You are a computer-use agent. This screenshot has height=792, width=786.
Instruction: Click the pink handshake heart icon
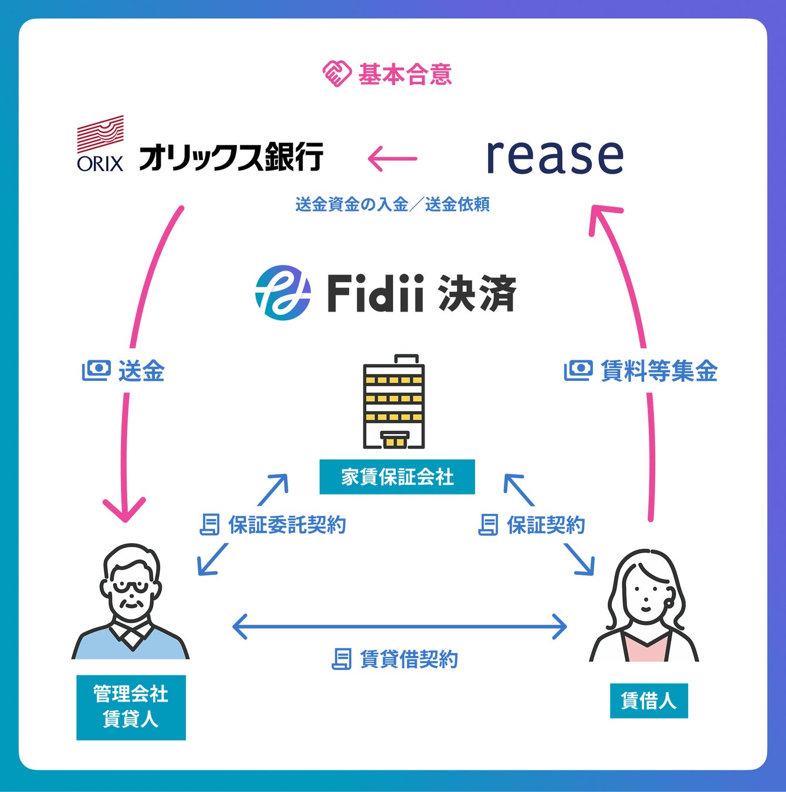(337, 74)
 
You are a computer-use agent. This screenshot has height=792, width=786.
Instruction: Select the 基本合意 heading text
(405, 75)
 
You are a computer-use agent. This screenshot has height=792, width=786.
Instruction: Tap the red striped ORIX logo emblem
(101, 134)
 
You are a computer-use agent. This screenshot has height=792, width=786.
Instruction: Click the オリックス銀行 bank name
(231, 157)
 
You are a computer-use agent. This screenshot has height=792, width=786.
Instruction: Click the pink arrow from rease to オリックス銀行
(392, 158)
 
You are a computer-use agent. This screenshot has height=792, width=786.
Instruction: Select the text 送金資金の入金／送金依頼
(392, 204)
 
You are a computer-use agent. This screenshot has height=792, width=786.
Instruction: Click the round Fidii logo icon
(283, 293)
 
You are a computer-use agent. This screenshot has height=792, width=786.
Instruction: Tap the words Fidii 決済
(421, 293)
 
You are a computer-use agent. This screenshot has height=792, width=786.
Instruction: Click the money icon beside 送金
(97, 370)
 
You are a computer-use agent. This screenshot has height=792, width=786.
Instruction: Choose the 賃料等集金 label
(659, 371)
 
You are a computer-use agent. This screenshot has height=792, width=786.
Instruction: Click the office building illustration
(394, 401)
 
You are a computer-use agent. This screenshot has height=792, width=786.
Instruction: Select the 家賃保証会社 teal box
(397, 477)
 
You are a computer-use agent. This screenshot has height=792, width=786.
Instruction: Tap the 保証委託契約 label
(287, 525)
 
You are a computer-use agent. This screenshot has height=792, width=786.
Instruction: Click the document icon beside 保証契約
(489, 525)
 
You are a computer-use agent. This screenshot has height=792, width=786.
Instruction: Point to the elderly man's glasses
(130, 587)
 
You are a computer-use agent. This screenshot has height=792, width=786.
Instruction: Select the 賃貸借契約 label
(409, 659)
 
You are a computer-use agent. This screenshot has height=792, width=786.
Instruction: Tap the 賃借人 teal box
(649, 700)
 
